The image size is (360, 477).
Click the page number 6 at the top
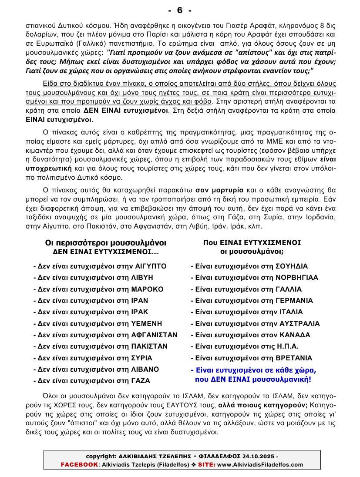[179, 10]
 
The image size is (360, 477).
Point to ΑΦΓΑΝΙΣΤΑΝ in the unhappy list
[154, 335]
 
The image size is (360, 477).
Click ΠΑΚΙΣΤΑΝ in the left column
[149, 346]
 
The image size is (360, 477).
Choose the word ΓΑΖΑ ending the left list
[140, 380]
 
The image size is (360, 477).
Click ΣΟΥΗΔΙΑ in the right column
[292, 266]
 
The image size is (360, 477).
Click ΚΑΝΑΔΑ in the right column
[294, 335]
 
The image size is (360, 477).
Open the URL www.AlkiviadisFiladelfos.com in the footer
[260, 464]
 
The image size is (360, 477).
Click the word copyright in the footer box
[101, 456]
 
